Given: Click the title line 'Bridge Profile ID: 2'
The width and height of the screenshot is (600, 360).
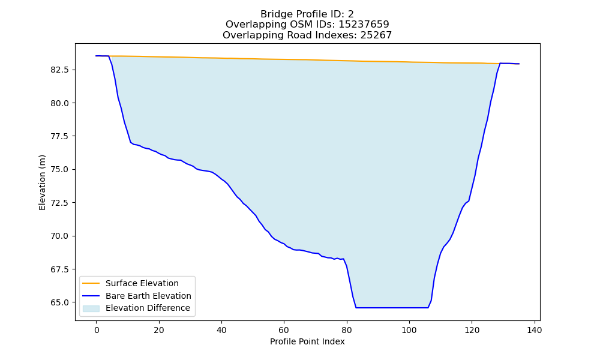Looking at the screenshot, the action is pyautogui.click(x=307, y=14).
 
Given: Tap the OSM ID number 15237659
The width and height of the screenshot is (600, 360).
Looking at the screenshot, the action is pyautogui.click(x=364, y=25).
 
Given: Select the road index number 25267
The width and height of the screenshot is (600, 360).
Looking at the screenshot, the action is pyautogui.click(x=376, y=35).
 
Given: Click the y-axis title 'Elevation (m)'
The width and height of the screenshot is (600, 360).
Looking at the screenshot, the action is pyautogui.click(x=42, y=182).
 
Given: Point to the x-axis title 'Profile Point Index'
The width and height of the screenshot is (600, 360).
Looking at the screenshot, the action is pyautogui.click(x=307, y=341).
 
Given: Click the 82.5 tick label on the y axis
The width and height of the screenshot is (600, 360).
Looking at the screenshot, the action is pyautogui.click(x=59, y=70).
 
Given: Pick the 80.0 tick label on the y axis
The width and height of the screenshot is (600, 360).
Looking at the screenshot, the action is pyautogui.click(x=59, y=103).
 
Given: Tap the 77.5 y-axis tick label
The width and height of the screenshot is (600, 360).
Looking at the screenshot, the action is pyautogui.click(x=59, y=137).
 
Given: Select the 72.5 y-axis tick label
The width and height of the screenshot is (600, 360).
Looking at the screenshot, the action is pyautogui.click(x=59, y=203).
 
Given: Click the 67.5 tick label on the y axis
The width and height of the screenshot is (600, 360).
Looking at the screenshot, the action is pyautogui.click(x=59, y=269).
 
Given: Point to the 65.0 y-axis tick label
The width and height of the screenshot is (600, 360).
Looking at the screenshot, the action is pyautogui.click(x=59, y=302).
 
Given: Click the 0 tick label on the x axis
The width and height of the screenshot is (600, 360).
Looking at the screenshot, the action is pyautogui.click(x=97, y=330).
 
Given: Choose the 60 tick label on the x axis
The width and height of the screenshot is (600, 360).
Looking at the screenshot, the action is pyautogui.click(x=284, y=330).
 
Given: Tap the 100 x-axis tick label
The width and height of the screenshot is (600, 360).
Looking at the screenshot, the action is pyautogui.click(x=409, y=330).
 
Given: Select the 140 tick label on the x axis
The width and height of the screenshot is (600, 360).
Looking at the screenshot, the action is pyautogui.click(x=534, y=330).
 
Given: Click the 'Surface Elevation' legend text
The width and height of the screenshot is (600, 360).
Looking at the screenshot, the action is pyautogui.click(x=142, y=283).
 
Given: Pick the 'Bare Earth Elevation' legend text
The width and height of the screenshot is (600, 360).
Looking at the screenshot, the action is pyautogui.click(x=148, y=296).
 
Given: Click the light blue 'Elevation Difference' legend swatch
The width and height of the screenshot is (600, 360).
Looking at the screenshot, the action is pyautogui.click(x=91, y=308).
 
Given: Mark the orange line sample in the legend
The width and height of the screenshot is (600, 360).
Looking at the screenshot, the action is pyautogui.click(x=91, y=283).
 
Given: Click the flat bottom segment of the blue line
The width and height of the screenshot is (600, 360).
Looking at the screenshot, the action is pyautogui.click(x=392, y=308).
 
